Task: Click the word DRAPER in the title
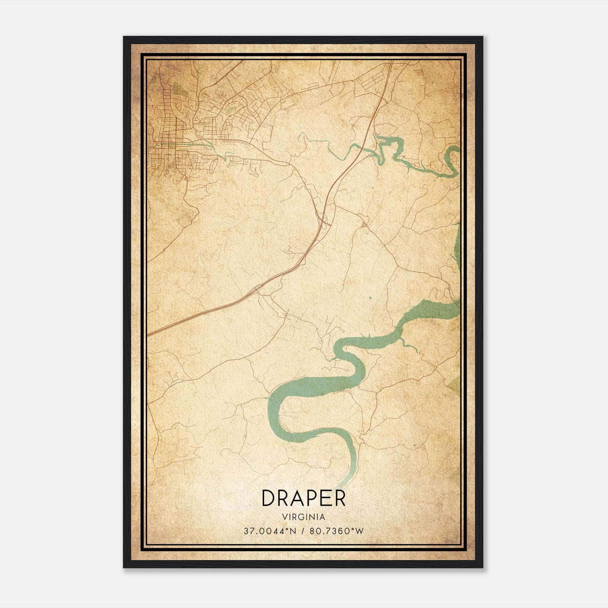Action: pos(304,498)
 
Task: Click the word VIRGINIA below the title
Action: pos(304,517)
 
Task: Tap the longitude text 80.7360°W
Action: pos(337,531)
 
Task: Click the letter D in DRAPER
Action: pos(268,498)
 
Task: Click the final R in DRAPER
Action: pos(339,498)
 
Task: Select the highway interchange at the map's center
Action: pos(323,220)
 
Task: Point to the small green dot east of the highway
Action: pos(370,298)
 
